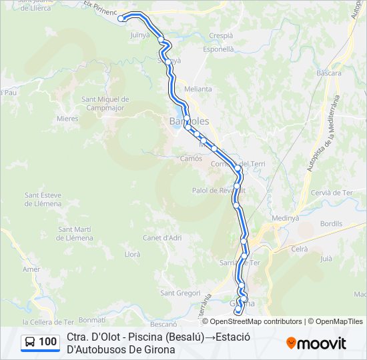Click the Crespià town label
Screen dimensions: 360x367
pos(221,35)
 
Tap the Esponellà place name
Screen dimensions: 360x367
pos(219,49)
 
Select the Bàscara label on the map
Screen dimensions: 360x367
pos(329,73)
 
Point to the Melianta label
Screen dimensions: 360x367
pos(198,89)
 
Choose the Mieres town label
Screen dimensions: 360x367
pos(67,119)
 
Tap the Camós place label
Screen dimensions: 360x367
pos(191,159)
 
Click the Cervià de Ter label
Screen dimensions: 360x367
pos(331,193)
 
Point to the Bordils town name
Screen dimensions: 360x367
pos(331,224)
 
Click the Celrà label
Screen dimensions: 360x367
pos(300,249)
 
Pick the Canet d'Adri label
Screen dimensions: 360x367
pos(162,237)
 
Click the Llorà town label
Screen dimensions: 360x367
pos(132,254)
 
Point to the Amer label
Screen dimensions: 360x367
pos(31,269)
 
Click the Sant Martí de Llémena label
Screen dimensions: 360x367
pos(75,233)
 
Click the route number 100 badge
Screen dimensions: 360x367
pos(40,342)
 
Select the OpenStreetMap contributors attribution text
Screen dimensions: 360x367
pos(256,321)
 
